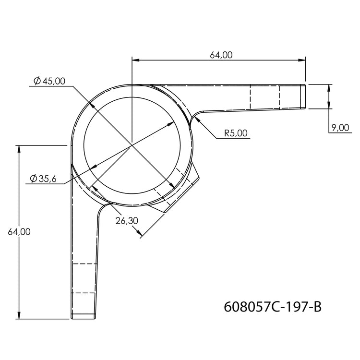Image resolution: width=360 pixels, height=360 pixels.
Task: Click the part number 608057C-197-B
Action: click(272, 306)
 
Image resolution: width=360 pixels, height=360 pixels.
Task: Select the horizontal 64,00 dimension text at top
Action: click(221, 55)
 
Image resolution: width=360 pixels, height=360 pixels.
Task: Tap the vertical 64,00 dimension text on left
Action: click(19, 232)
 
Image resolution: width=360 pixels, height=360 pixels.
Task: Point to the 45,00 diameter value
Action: click(53, 81)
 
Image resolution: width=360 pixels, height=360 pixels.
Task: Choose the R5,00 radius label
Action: click(237, 133)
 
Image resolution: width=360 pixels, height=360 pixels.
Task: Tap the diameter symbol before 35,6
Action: click(33, 179)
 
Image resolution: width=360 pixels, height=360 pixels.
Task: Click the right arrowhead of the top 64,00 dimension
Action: click(302, 60)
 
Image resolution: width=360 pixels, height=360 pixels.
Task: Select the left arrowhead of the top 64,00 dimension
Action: click(135, 60)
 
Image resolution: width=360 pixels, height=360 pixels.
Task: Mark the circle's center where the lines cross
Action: click(132, 144)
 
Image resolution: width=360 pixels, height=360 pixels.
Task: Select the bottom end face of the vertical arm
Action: click(85, 318)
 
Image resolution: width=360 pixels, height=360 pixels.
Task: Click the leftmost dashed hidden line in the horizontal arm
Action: click(251, 97)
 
